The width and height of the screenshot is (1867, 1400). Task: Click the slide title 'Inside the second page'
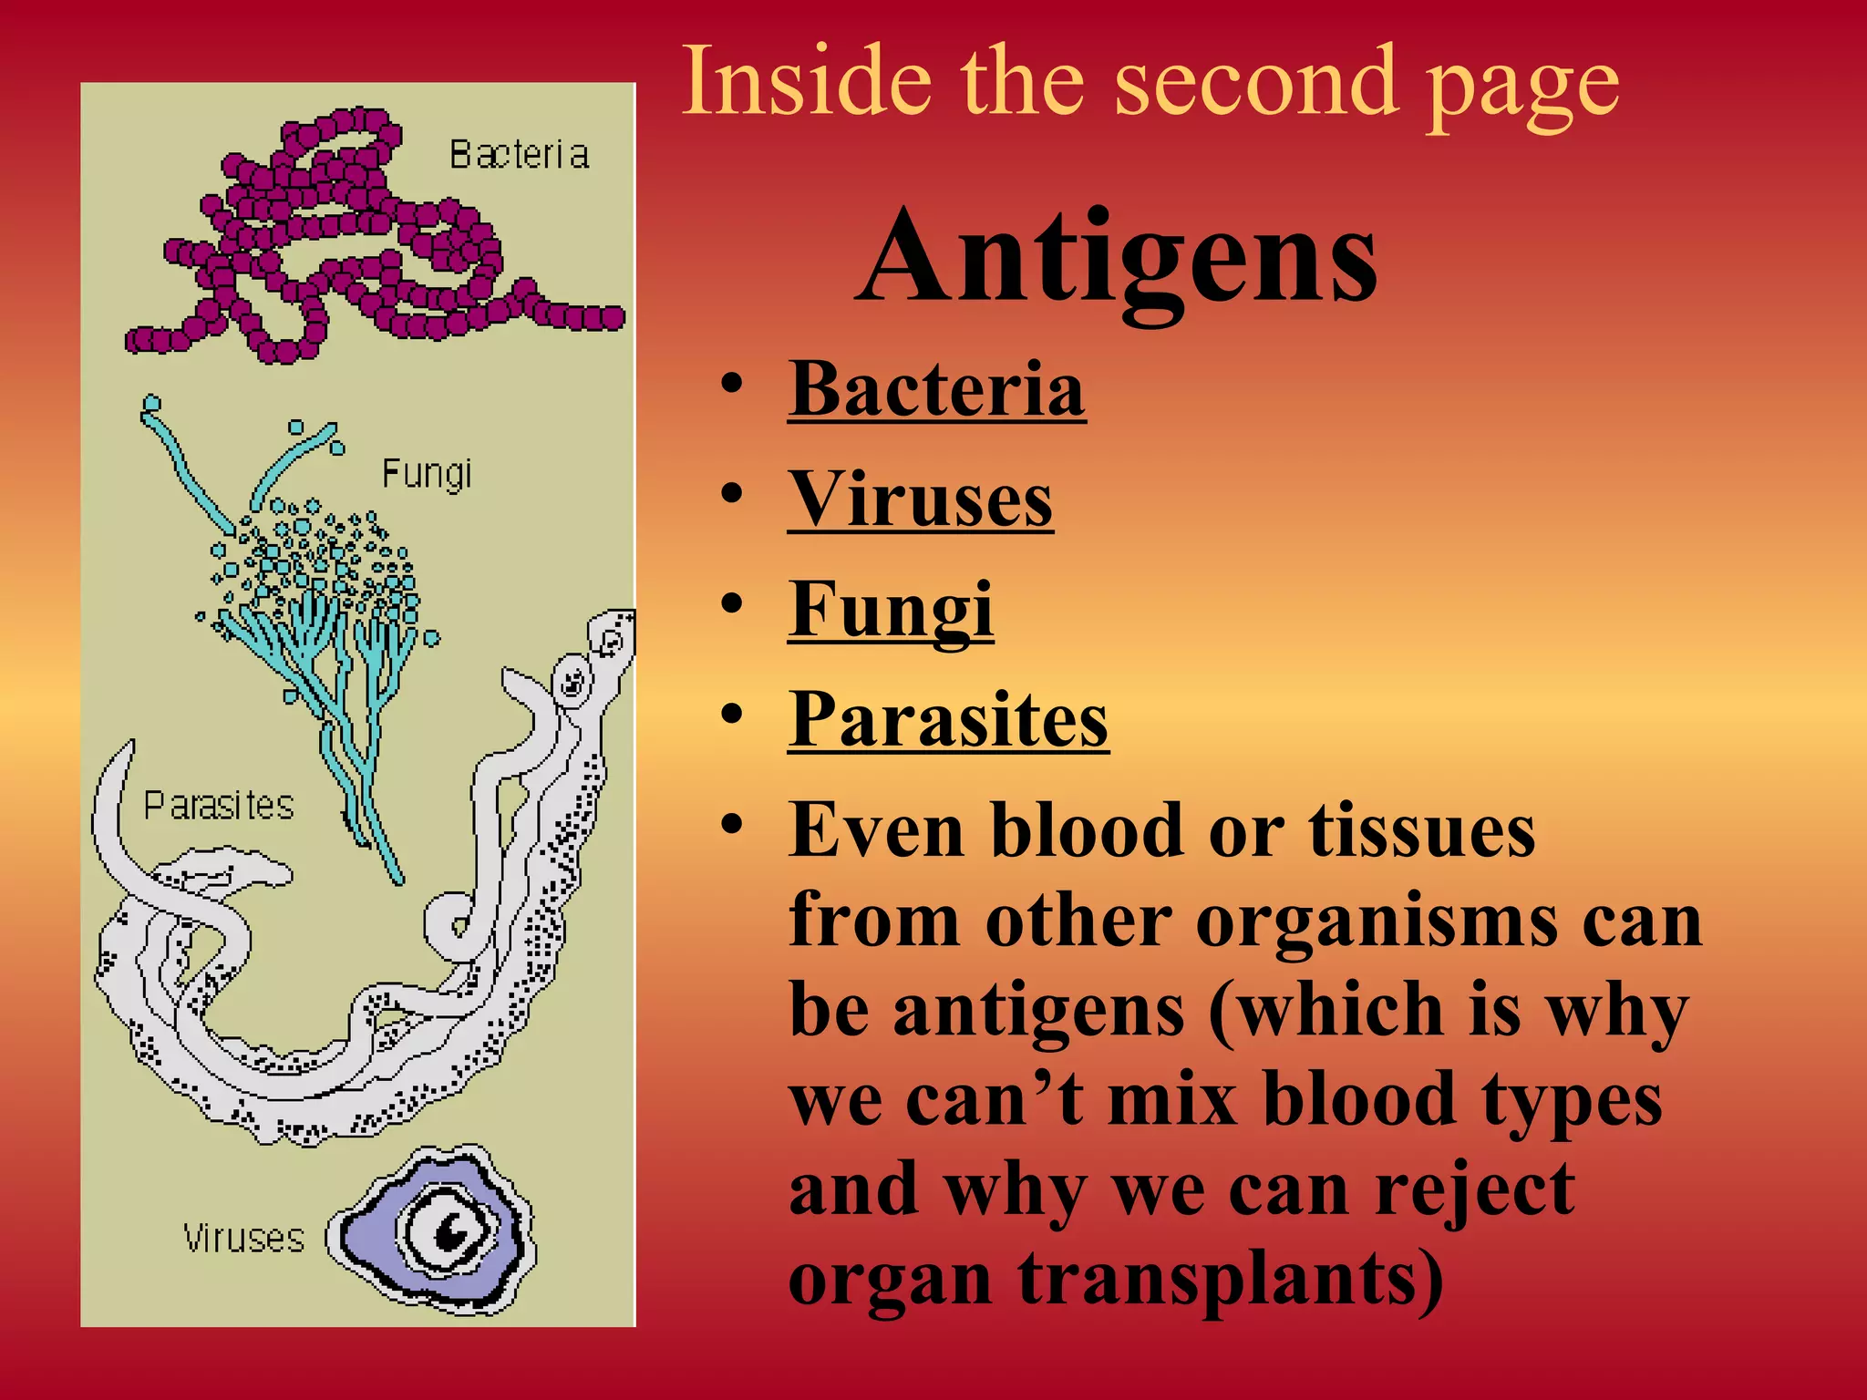coord(1150,84)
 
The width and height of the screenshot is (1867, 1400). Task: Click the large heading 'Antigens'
coord(1117,258)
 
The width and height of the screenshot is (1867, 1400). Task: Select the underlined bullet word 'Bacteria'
coord(936,390)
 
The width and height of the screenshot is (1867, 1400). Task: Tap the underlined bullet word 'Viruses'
coord(920,500)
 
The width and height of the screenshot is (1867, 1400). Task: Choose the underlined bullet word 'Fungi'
coord(890,610)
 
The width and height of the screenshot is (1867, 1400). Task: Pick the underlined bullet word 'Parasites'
coord(948,720)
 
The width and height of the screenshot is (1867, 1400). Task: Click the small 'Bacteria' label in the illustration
coord(519,155)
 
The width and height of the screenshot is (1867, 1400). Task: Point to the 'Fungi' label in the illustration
coord(427,475)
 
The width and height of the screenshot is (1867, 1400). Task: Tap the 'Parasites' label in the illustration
coord(219,806)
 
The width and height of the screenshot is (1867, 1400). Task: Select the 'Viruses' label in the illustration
coord(243,1239)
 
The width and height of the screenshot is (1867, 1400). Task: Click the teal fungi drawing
coord(319,620)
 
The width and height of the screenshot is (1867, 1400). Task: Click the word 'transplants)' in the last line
coord(1231,1279)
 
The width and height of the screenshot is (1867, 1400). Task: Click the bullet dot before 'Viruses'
coord(731,493)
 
